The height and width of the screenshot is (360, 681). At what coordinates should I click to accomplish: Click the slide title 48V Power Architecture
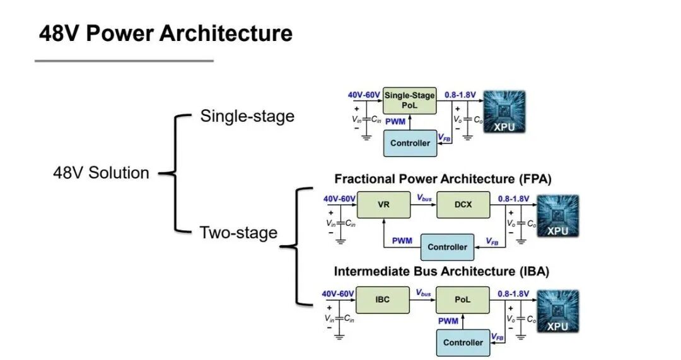coord(165,33)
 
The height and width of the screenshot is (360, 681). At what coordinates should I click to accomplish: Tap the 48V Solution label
coord(101,173)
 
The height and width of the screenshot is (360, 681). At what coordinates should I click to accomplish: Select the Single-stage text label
coord(247,116)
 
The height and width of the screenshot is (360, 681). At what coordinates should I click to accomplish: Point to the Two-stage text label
coord(238,232)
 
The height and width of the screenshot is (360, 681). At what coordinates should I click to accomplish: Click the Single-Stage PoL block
coord(410,100)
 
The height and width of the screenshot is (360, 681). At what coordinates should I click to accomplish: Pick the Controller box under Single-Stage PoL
coord(410,143)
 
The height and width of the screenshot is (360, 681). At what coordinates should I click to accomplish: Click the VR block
coord(383,204)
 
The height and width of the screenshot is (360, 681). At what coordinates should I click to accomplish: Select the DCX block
coord(463,204)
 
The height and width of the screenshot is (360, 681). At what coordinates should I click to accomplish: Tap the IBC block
coord(383,299)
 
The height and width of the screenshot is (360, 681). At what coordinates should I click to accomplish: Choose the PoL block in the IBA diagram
coord(463,299)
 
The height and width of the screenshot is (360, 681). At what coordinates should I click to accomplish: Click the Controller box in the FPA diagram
coord(447,247)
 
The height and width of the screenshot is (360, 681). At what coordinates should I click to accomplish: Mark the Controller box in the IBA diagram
coord(463,342)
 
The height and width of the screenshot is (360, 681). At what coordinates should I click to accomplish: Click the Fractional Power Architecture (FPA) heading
coord(443,179)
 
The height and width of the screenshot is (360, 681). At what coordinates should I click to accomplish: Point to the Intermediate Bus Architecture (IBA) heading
coord(441,271)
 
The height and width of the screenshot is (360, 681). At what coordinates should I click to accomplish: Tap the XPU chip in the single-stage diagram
coord(504,112)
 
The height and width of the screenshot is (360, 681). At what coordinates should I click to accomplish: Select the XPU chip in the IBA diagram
coord(558,311)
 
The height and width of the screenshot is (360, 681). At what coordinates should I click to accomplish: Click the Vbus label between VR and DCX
coord(424,198)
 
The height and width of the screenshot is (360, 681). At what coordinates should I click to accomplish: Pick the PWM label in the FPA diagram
coord(402,241)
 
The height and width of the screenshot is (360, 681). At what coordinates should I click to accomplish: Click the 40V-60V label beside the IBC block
coord(338,294)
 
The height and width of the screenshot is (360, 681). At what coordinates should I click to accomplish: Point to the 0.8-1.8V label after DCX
coord(513,199)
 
